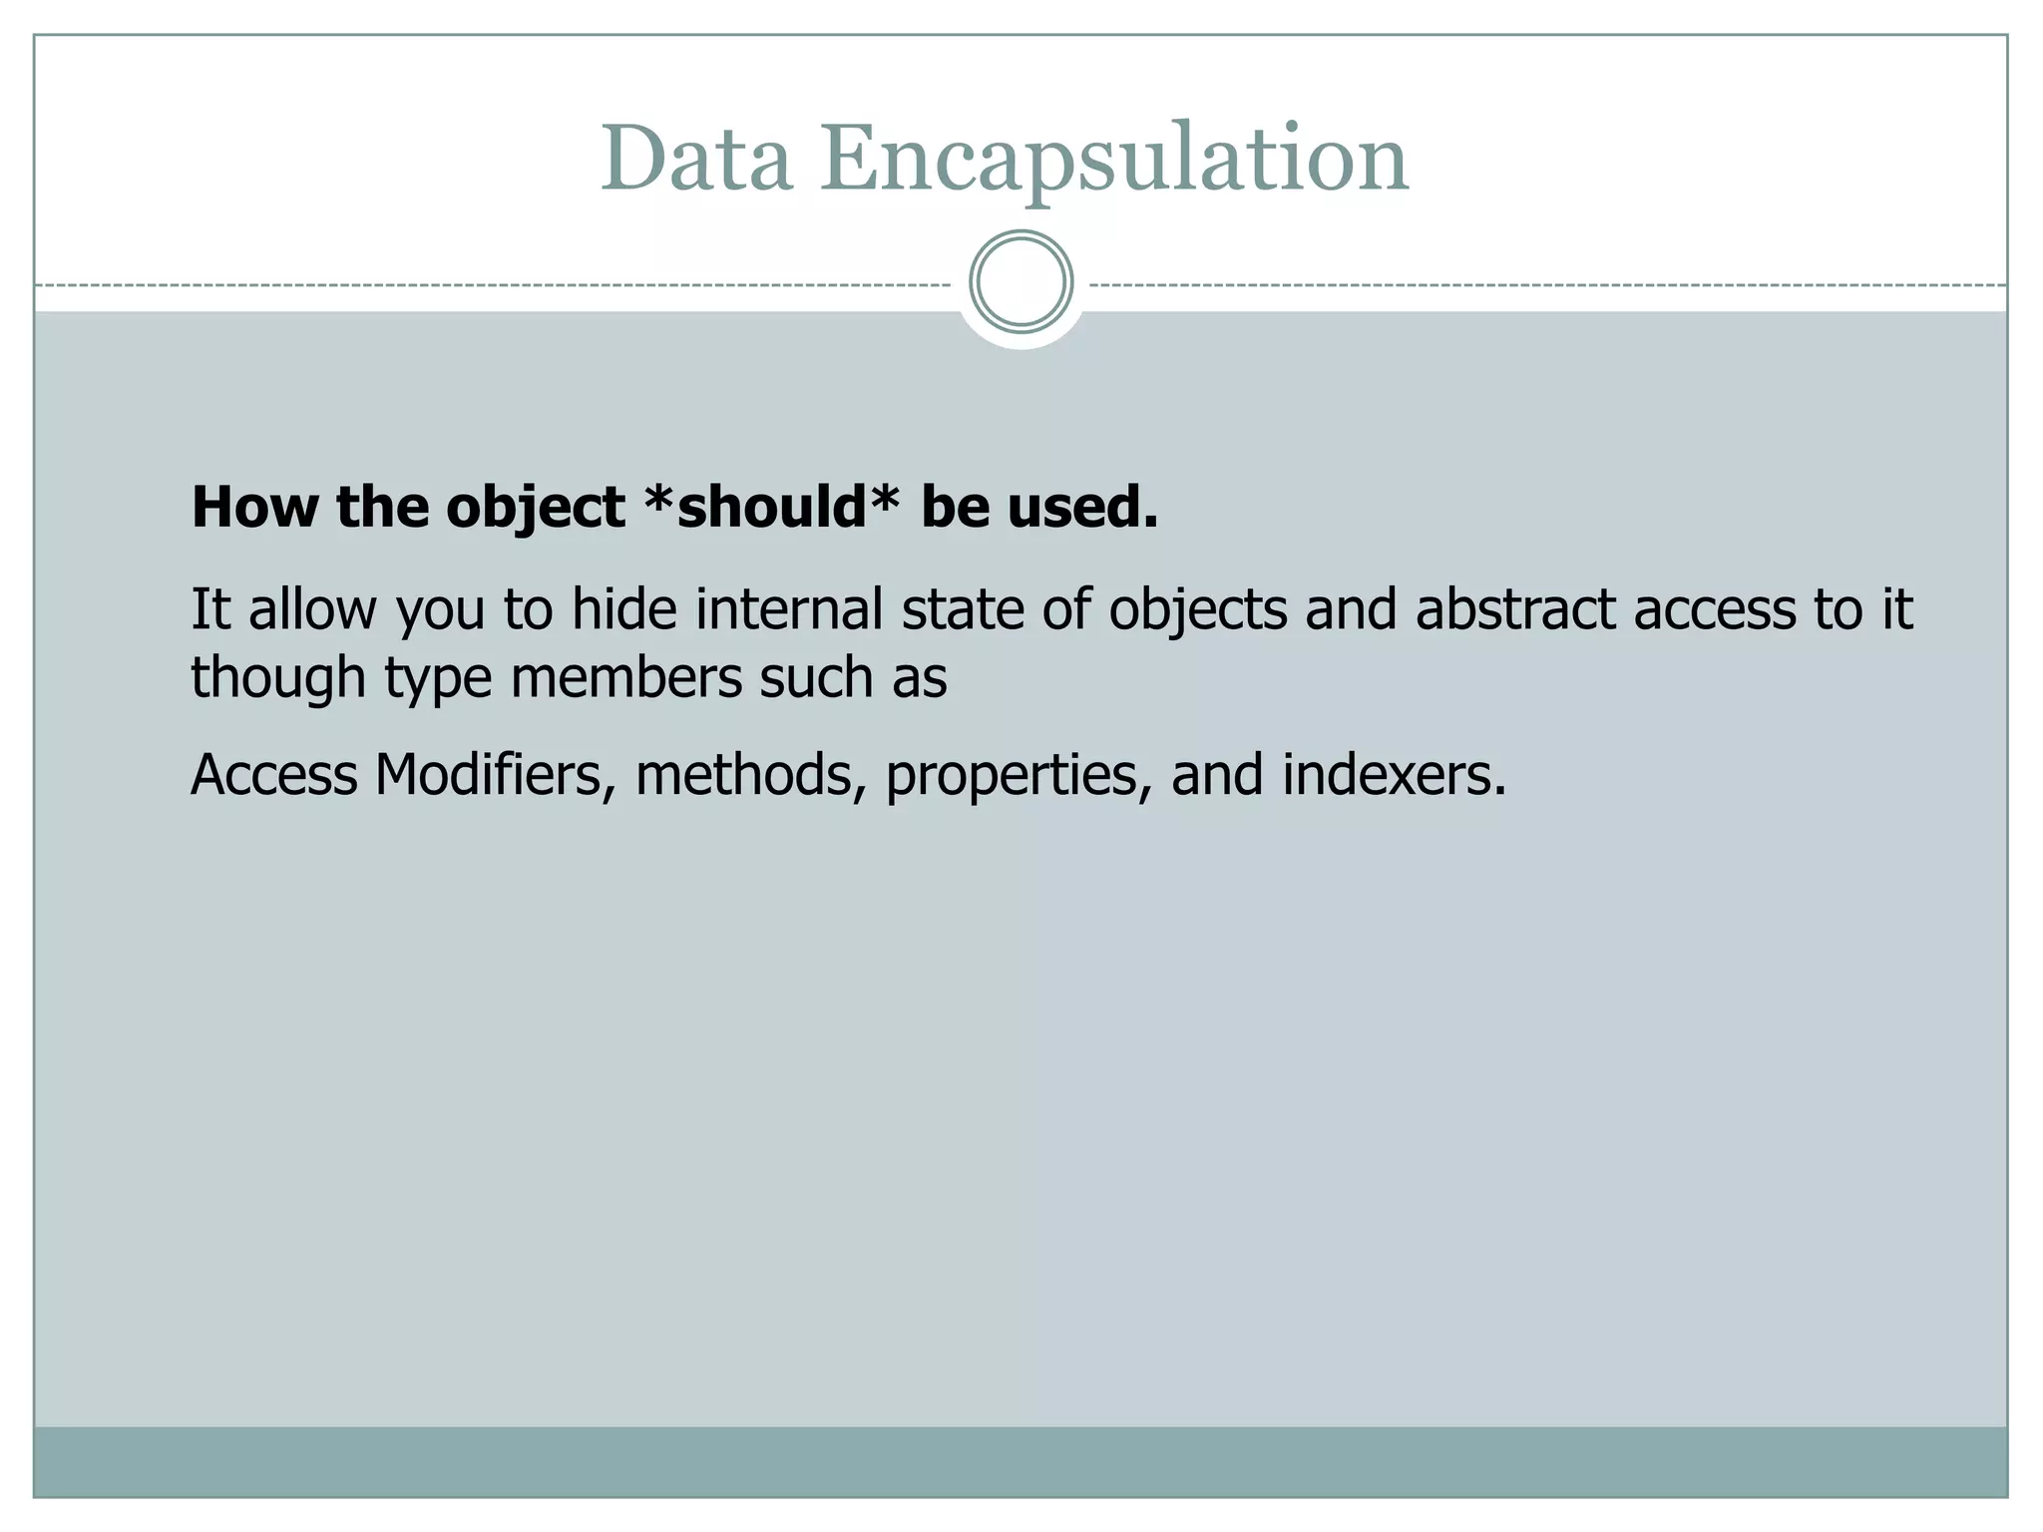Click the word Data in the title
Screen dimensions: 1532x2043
pos(696,160)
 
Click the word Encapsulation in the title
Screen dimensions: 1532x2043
pos(1114,160)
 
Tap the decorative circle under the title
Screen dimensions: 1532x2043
pos(1021,281)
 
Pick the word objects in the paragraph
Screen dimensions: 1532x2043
pos(1197,610)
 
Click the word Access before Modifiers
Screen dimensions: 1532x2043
pos(274,775)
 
